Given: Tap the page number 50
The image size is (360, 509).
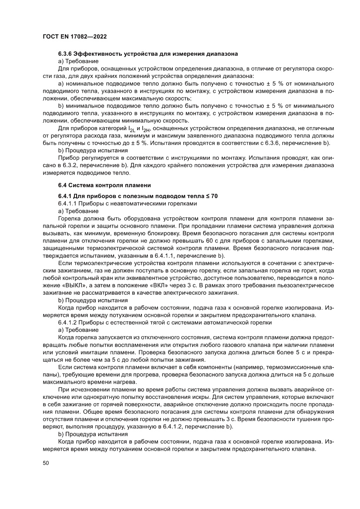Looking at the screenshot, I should point(45,463).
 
